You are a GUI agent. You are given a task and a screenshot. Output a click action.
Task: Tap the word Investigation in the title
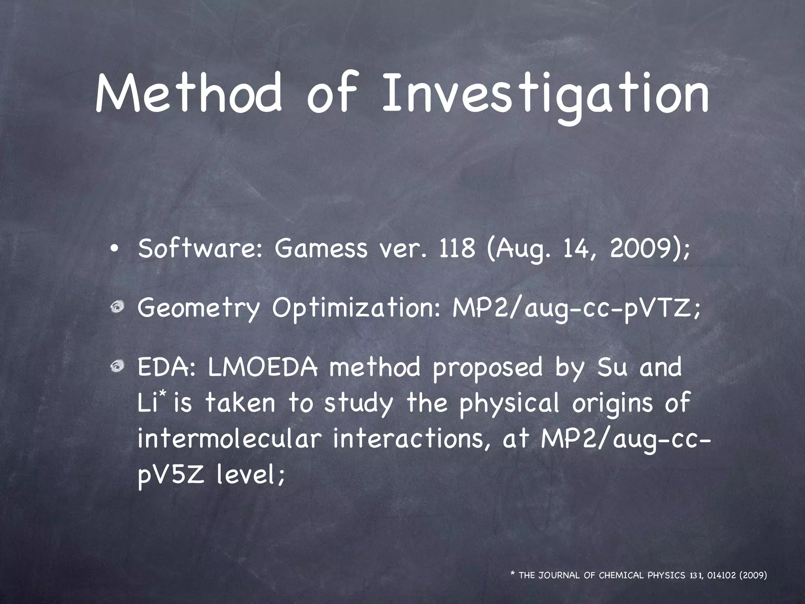tap(546, 94)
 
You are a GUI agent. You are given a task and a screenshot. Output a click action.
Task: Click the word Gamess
tap(320, 249)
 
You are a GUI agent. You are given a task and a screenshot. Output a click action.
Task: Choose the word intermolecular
tap(230, 440)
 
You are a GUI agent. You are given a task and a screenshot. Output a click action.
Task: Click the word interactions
tap(412, 440)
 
